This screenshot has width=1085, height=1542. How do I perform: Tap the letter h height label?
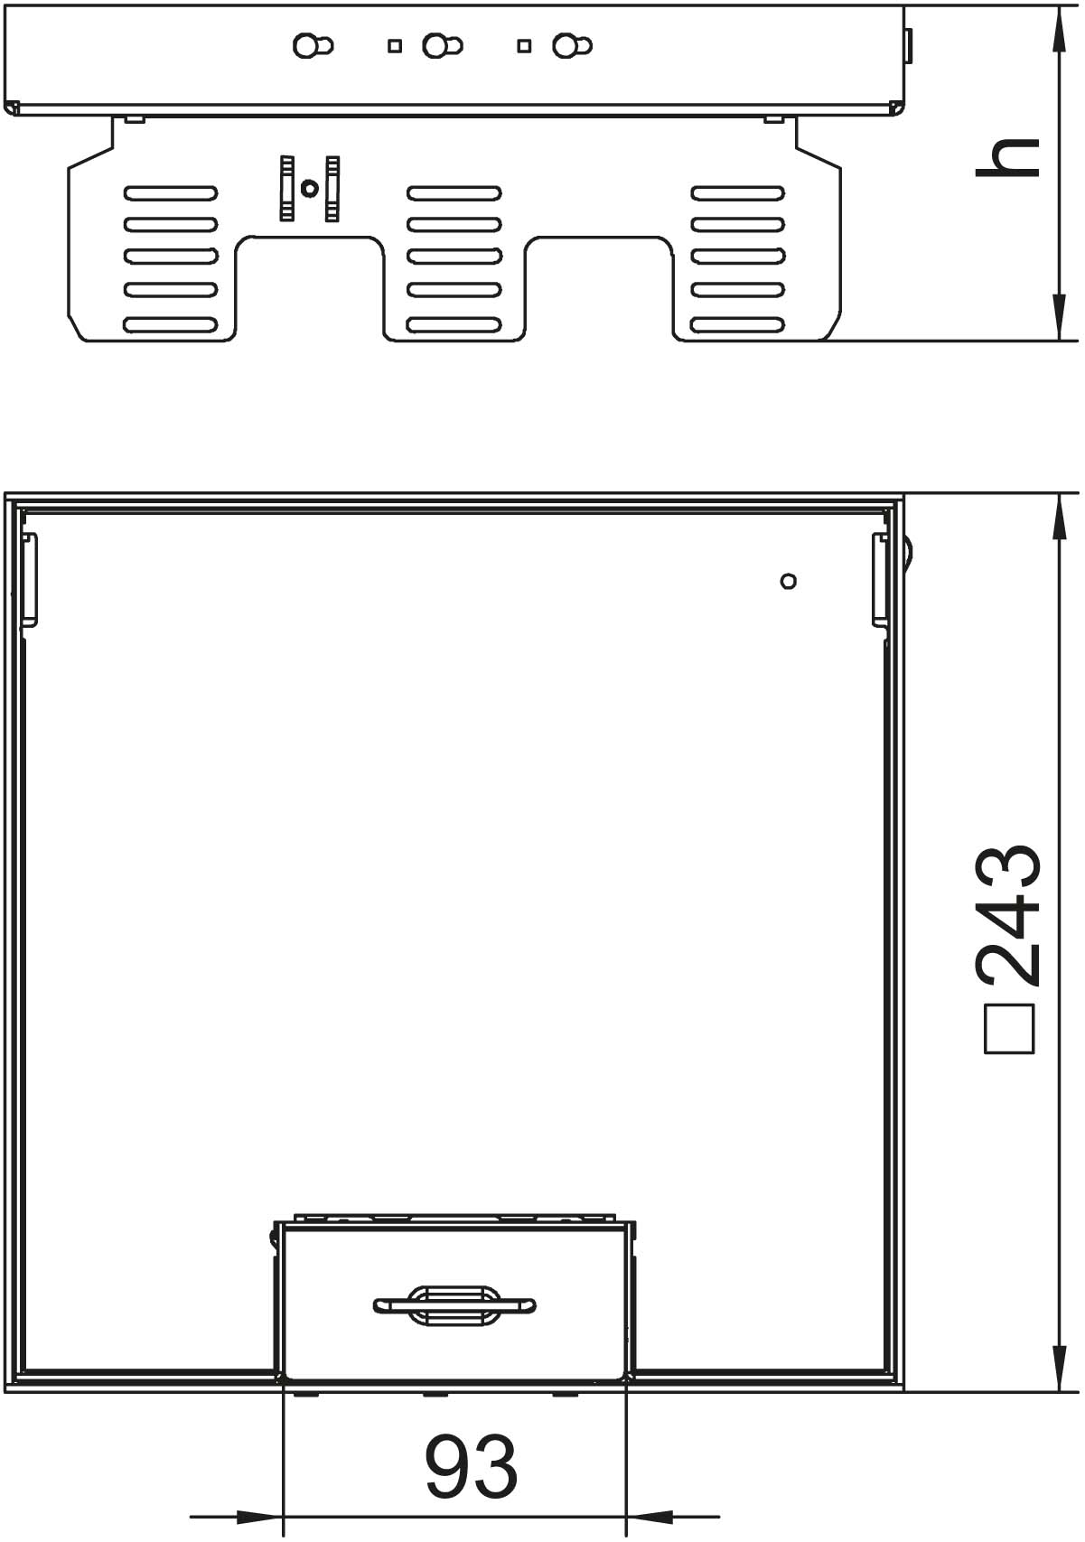(1007, 158)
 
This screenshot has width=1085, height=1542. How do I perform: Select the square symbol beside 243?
(1009, 1029)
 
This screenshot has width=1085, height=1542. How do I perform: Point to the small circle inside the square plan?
(789, 582)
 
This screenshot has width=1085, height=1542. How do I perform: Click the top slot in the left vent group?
(171, 192)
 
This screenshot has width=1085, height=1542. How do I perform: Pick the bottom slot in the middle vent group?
(454, 324)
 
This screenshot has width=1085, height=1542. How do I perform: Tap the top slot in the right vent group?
(738, 192)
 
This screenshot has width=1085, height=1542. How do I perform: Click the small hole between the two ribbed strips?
(309, 187)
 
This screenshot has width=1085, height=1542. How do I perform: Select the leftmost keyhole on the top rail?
(313, 46)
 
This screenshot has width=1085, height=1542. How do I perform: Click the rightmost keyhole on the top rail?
(572, 46)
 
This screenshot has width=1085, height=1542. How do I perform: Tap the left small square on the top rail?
(395, 46)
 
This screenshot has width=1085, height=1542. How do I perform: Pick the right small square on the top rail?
(524, 46)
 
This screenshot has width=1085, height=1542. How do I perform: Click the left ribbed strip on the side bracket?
(287, 189)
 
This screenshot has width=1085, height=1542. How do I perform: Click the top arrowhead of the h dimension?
(1059, 31)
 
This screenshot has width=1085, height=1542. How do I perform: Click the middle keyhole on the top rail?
(443, 46)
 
